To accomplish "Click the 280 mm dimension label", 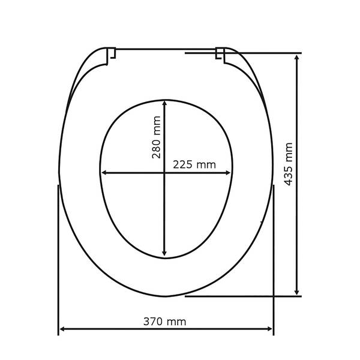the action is (156, 137).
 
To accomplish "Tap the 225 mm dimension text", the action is (194, 164).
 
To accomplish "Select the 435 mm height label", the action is (289, 164).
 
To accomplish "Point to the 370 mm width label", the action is (164, 322).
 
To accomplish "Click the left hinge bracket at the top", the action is (111, 56).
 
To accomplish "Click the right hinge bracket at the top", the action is (220, 55).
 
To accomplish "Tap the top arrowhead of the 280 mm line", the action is (164, 103).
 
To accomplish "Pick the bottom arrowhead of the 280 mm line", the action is (164, 253).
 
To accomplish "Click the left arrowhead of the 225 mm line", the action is (104, 173).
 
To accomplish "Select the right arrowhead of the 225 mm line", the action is (227, 173).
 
